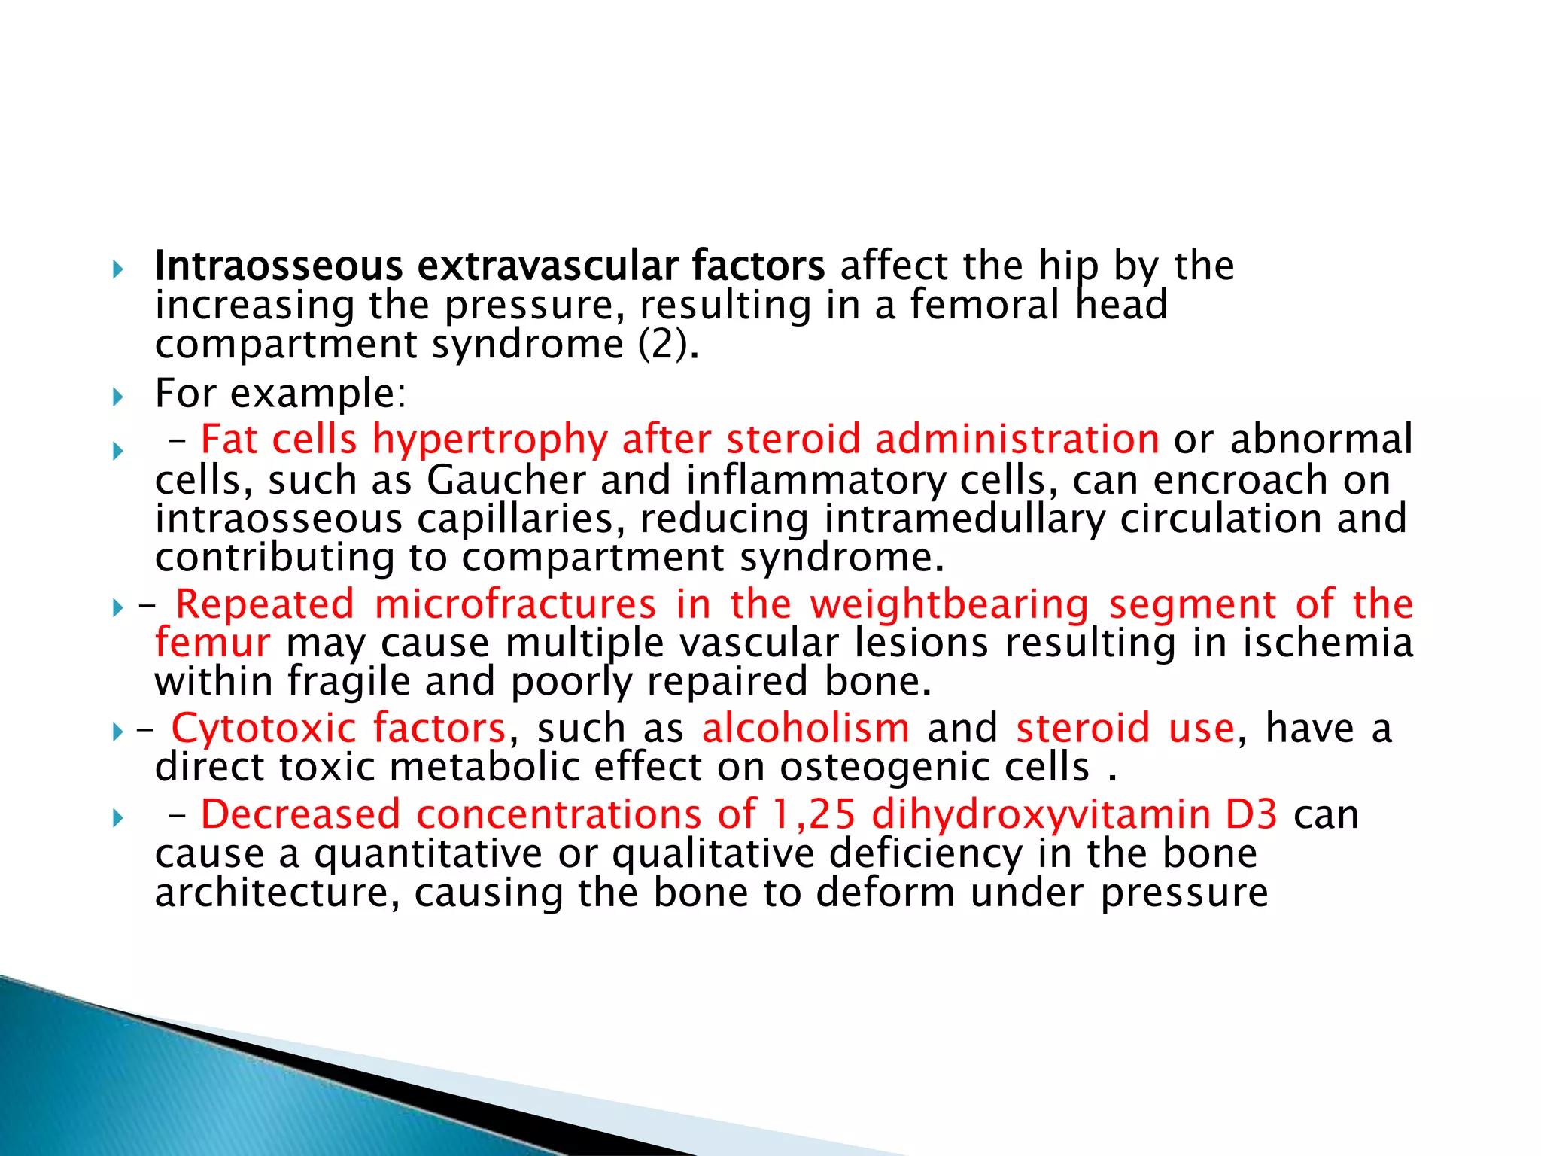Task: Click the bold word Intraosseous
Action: click(x=278, y=266)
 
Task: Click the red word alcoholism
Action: click(x=805, y=729)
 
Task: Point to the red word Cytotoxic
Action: click(x=263, y=729)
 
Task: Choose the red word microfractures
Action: click(x=515, y=604)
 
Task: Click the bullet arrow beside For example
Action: click(x=117, y=397)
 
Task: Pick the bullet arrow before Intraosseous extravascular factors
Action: click(x=117, y=269)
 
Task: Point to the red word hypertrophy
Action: click(x=490, y=440)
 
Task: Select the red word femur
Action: click(x=212, y=643)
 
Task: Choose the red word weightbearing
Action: click(x=950, y=604)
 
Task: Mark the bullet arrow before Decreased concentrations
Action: click(x=117, y=818)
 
